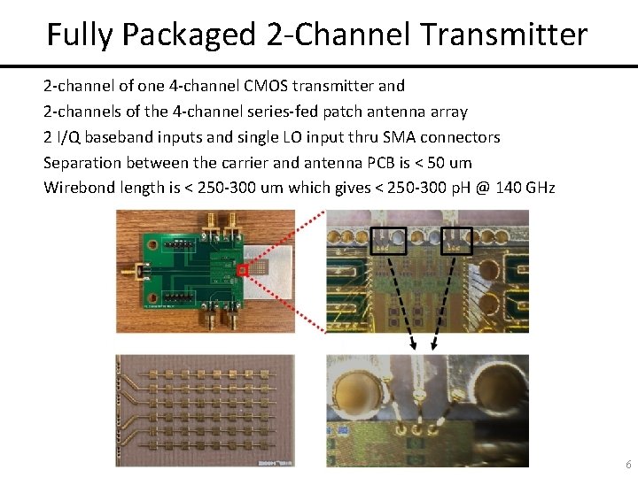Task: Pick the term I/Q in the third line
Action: pos(66,137)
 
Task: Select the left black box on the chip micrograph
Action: pos(388,242)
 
